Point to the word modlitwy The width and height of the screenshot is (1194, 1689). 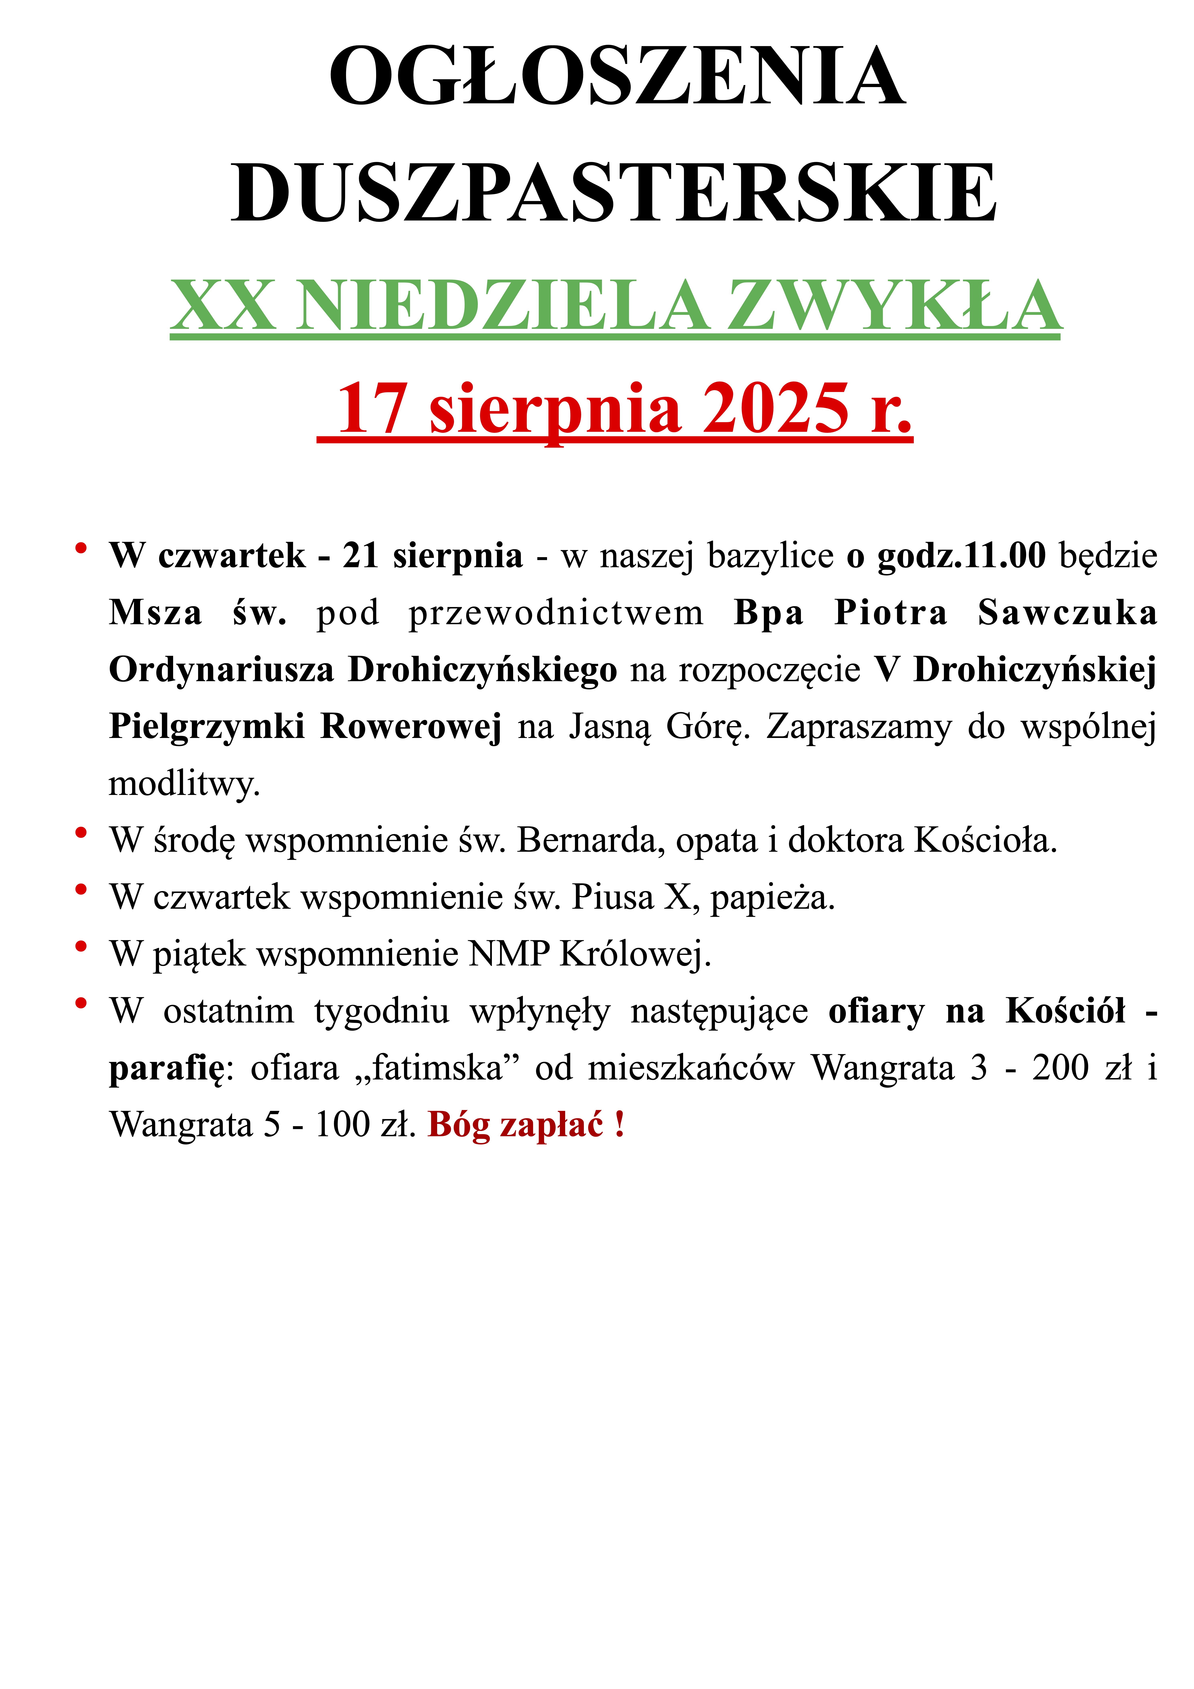click(x=184, y=784)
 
